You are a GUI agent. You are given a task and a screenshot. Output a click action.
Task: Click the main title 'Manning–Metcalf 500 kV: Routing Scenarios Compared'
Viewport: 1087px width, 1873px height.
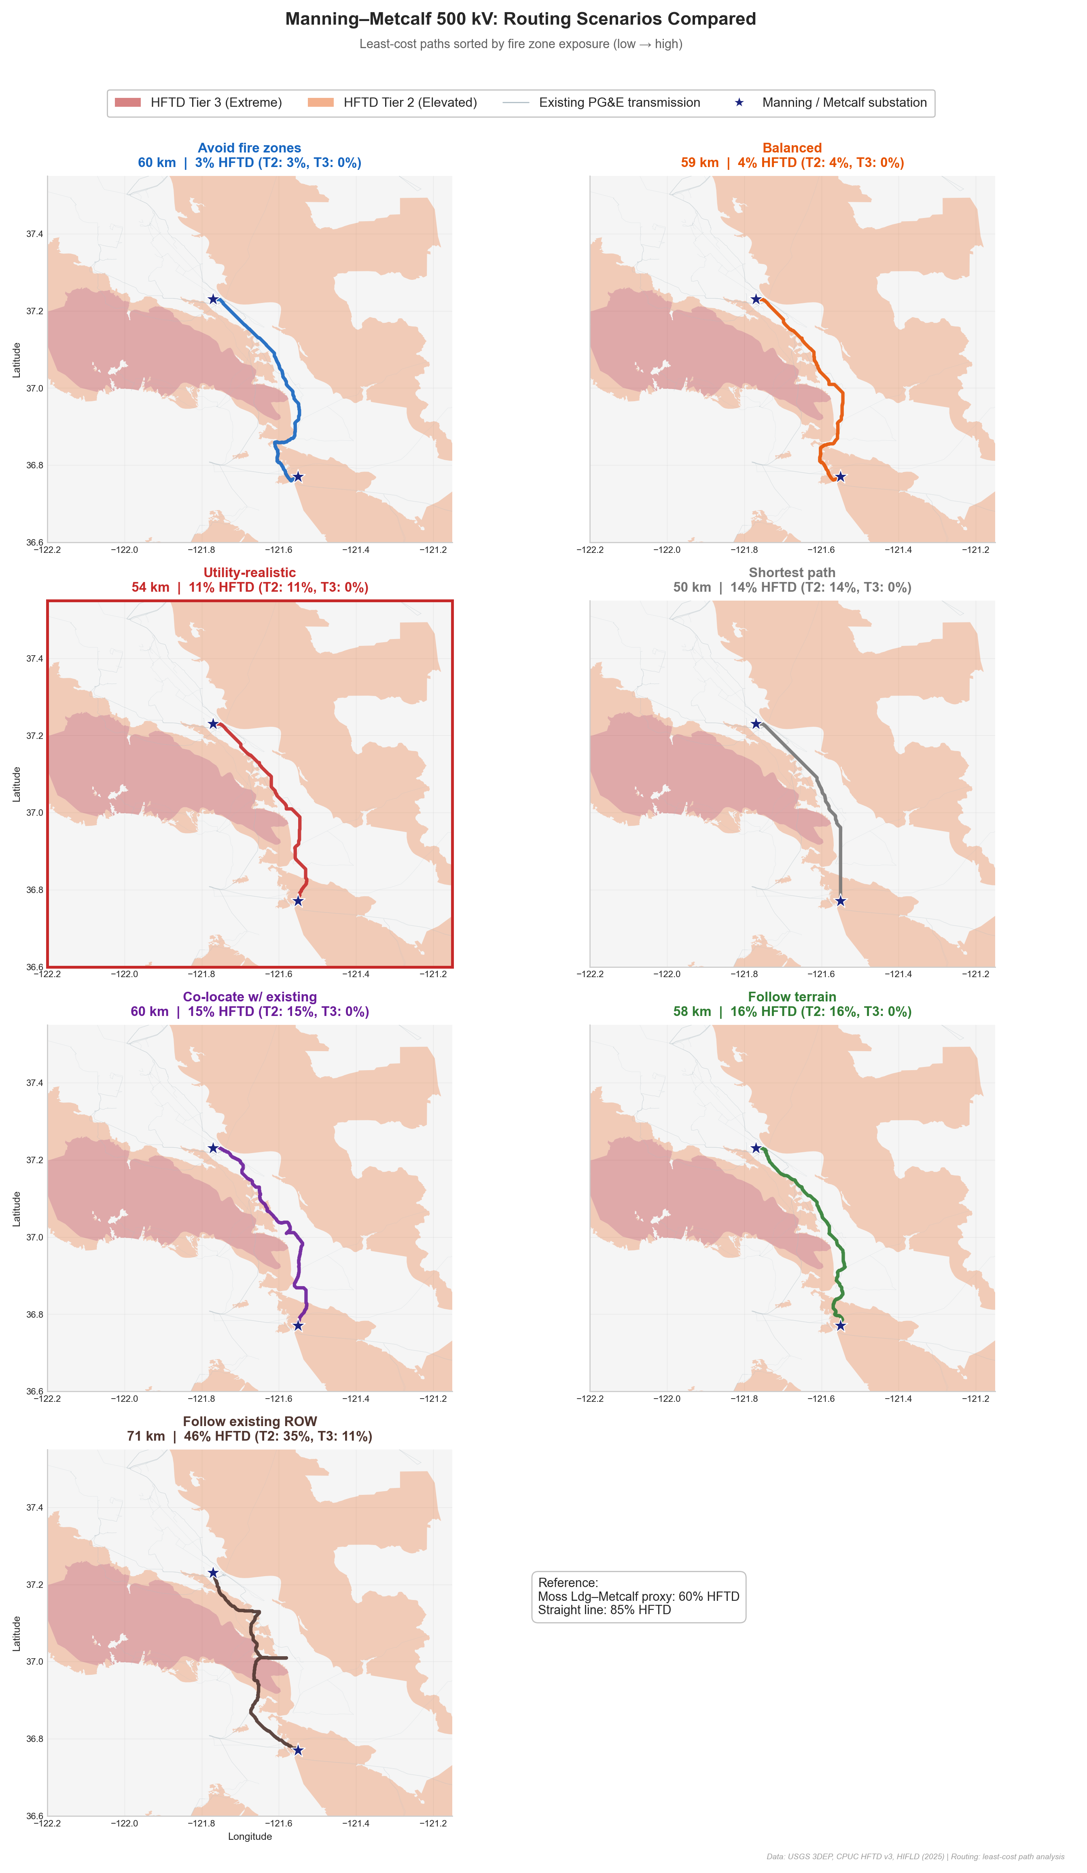(521, 19)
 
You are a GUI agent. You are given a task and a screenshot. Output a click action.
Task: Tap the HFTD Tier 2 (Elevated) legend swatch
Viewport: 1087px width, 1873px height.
(320, 103)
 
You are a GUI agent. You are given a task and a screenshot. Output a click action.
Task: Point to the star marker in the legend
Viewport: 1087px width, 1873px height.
(739, 103)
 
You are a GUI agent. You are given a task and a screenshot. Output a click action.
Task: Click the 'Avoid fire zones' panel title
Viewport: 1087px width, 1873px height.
(249, 148)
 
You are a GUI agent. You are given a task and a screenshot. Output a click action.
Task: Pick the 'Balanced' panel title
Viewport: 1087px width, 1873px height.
(792, 148)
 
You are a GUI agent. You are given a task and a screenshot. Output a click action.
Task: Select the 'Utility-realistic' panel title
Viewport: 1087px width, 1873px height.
(249, 572)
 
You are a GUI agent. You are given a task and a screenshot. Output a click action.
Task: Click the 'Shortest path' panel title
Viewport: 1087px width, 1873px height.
(792, 572)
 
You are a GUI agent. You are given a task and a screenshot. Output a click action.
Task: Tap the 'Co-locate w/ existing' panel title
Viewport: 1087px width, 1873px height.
(249, 997)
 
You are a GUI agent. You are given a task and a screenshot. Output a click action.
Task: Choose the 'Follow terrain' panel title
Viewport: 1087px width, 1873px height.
(792, 997)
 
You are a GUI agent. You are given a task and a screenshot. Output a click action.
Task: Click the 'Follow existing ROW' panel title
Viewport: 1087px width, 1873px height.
(249, 1421)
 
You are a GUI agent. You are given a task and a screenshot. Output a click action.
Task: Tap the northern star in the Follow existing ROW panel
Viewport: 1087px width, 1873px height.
(213, 1573)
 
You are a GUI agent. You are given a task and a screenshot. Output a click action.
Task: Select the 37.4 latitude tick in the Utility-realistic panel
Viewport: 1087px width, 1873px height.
(35, 658)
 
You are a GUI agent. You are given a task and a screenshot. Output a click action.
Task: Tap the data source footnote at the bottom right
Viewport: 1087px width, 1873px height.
(915, 1857)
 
